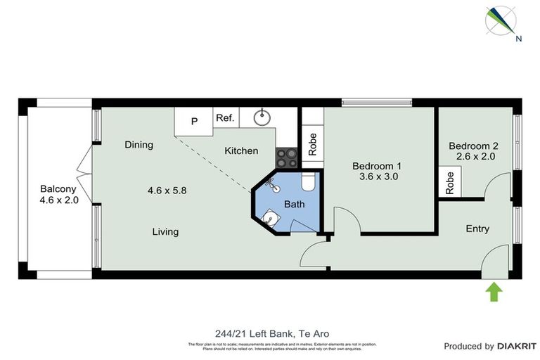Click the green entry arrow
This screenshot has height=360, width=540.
(494, 291)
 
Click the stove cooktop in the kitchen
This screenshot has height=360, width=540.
(286, 156)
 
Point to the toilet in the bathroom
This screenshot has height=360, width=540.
(307, 184)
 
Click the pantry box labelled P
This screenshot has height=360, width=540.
(195, 120)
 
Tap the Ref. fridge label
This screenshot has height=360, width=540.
(225, 118)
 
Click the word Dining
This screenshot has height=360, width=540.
(139, 145)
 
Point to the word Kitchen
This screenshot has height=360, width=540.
(241, 150)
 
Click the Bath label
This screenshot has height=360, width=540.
(294, 204)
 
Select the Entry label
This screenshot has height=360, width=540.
(477, 229)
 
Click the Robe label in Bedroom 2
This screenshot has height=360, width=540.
(449, 183)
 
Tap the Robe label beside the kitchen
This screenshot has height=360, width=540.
(313, 144)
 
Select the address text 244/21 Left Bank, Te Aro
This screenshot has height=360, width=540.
(271, 333)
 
